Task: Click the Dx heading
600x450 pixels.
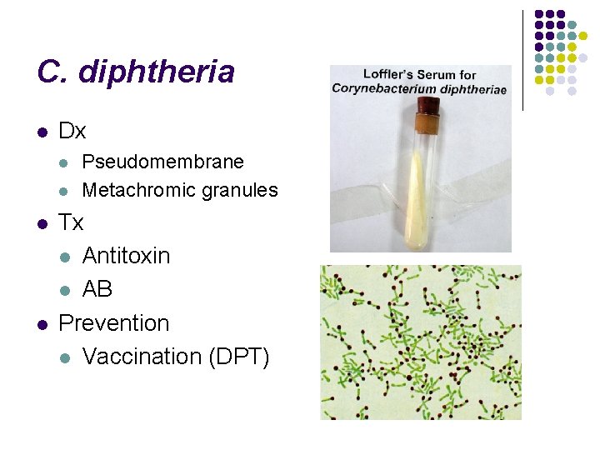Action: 72,132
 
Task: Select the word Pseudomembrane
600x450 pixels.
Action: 163,162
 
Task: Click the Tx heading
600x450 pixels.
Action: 72,223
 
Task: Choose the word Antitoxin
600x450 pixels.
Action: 126,256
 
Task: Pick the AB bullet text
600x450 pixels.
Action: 97,289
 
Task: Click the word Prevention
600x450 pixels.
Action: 114,322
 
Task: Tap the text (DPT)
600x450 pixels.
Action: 239,357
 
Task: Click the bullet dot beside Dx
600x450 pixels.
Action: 42,132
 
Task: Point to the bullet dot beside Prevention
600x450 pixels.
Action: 42,323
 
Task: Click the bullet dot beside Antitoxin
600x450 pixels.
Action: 66,257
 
